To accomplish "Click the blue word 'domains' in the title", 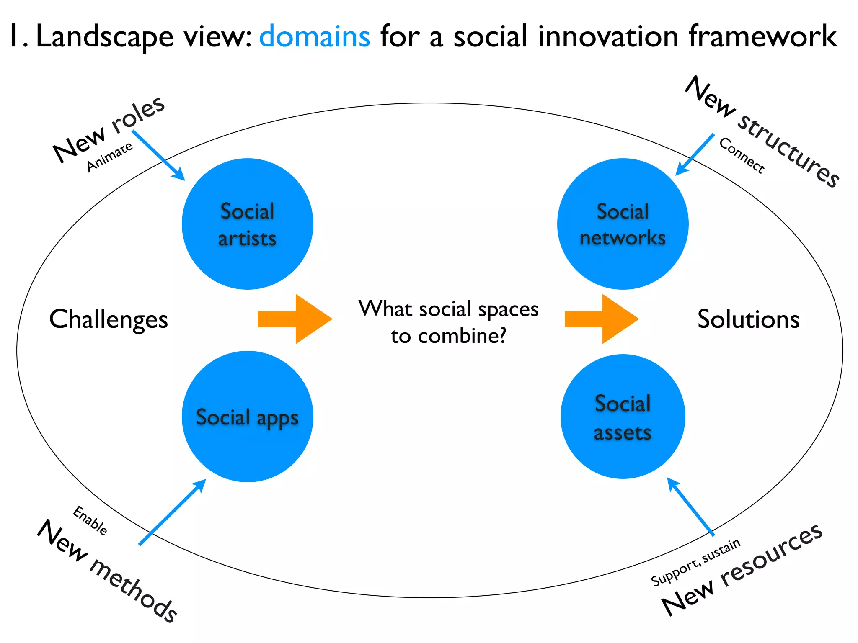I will pos(315,36).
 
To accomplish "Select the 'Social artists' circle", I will pos(248,224).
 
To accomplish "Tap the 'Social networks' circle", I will pos(623,224).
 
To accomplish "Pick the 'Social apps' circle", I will pos(248,417).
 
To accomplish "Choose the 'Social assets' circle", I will pos(623,417).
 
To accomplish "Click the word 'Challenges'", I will pos(109,319).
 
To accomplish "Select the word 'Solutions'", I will pos(748,319).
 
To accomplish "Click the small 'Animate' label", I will pos(109,157).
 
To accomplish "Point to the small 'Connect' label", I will pos(742,155).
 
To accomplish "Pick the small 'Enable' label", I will pos(90,520).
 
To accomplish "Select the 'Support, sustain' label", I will pos(695,562).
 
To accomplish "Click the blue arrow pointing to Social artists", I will pos(158,155).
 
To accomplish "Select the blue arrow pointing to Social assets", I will pos(690,506).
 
